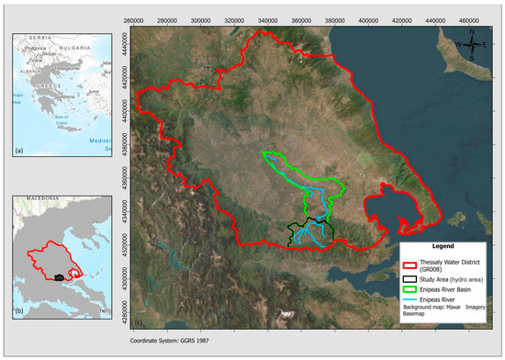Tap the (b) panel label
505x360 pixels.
tap(18, 310)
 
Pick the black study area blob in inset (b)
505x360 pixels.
tap(60, 276)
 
